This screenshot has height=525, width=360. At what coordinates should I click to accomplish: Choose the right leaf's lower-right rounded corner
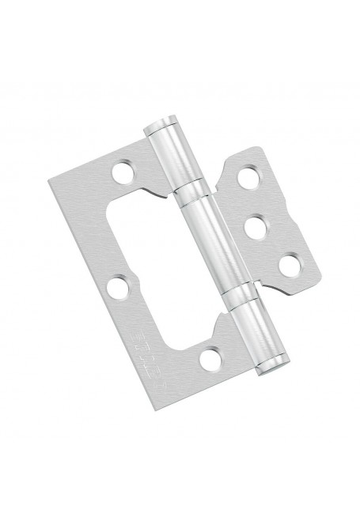[311, 272]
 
